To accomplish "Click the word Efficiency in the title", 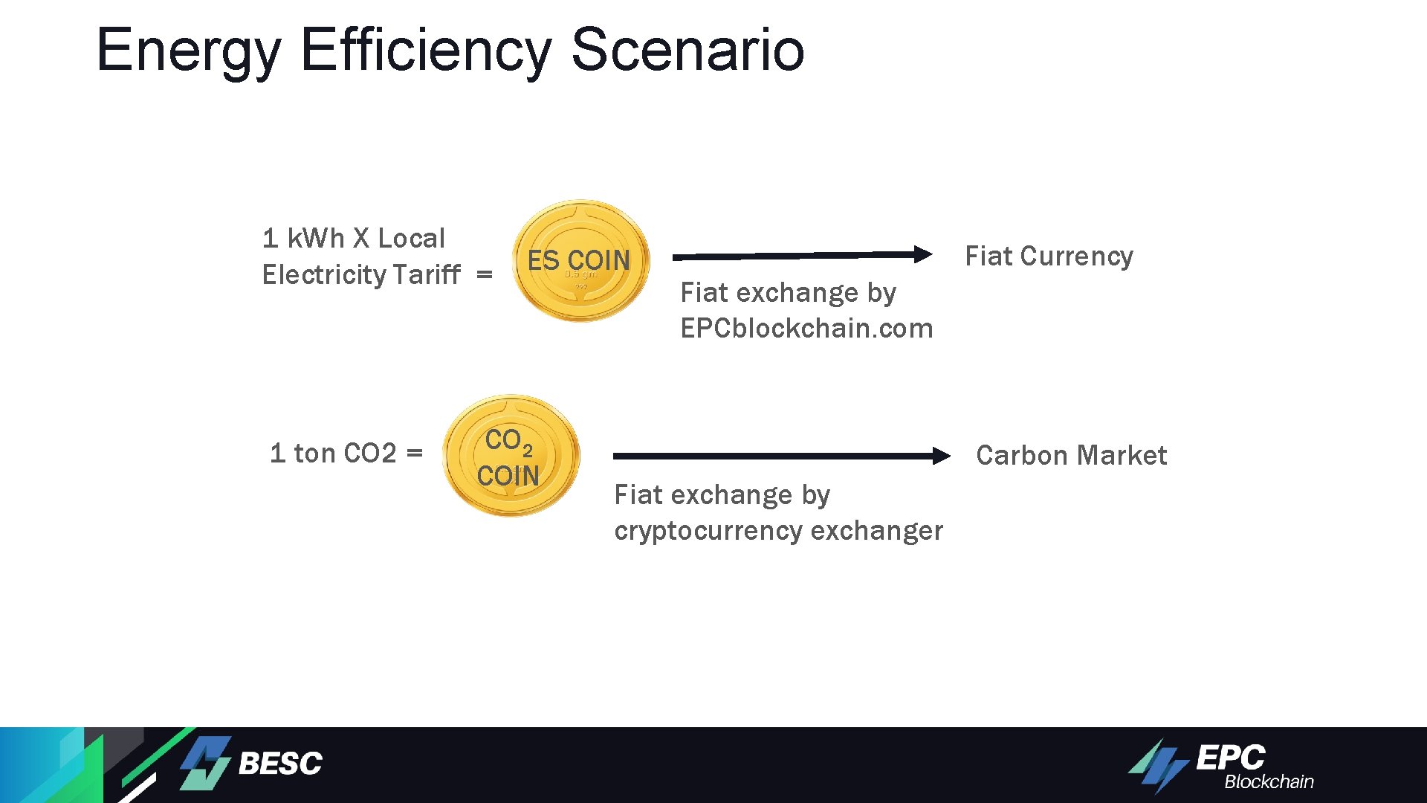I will point(426,50).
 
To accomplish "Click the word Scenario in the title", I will point(687,50).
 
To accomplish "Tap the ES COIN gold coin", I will point(581,261).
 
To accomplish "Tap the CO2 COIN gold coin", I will point(511,456).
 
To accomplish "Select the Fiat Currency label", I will point(1049,257).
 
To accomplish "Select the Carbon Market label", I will point(1071,455).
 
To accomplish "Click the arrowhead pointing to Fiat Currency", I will point(922,254).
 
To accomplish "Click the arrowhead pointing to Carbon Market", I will point(941,456).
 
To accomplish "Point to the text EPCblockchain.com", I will point(806,329).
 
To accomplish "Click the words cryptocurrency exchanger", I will point(778,531).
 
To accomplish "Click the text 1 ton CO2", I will point(333,453).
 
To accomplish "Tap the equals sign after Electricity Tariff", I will point(485,275).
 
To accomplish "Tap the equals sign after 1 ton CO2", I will point(415,453).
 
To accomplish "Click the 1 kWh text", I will point(303,239).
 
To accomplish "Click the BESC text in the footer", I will point(280,764).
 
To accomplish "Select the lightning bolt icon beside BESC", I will point(205,763).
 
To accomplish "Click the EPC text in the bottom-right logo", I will point(1230,758).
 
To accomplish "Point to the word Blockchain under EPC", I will point(1269,782).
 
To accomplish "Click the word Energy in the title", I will point(188,50).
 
